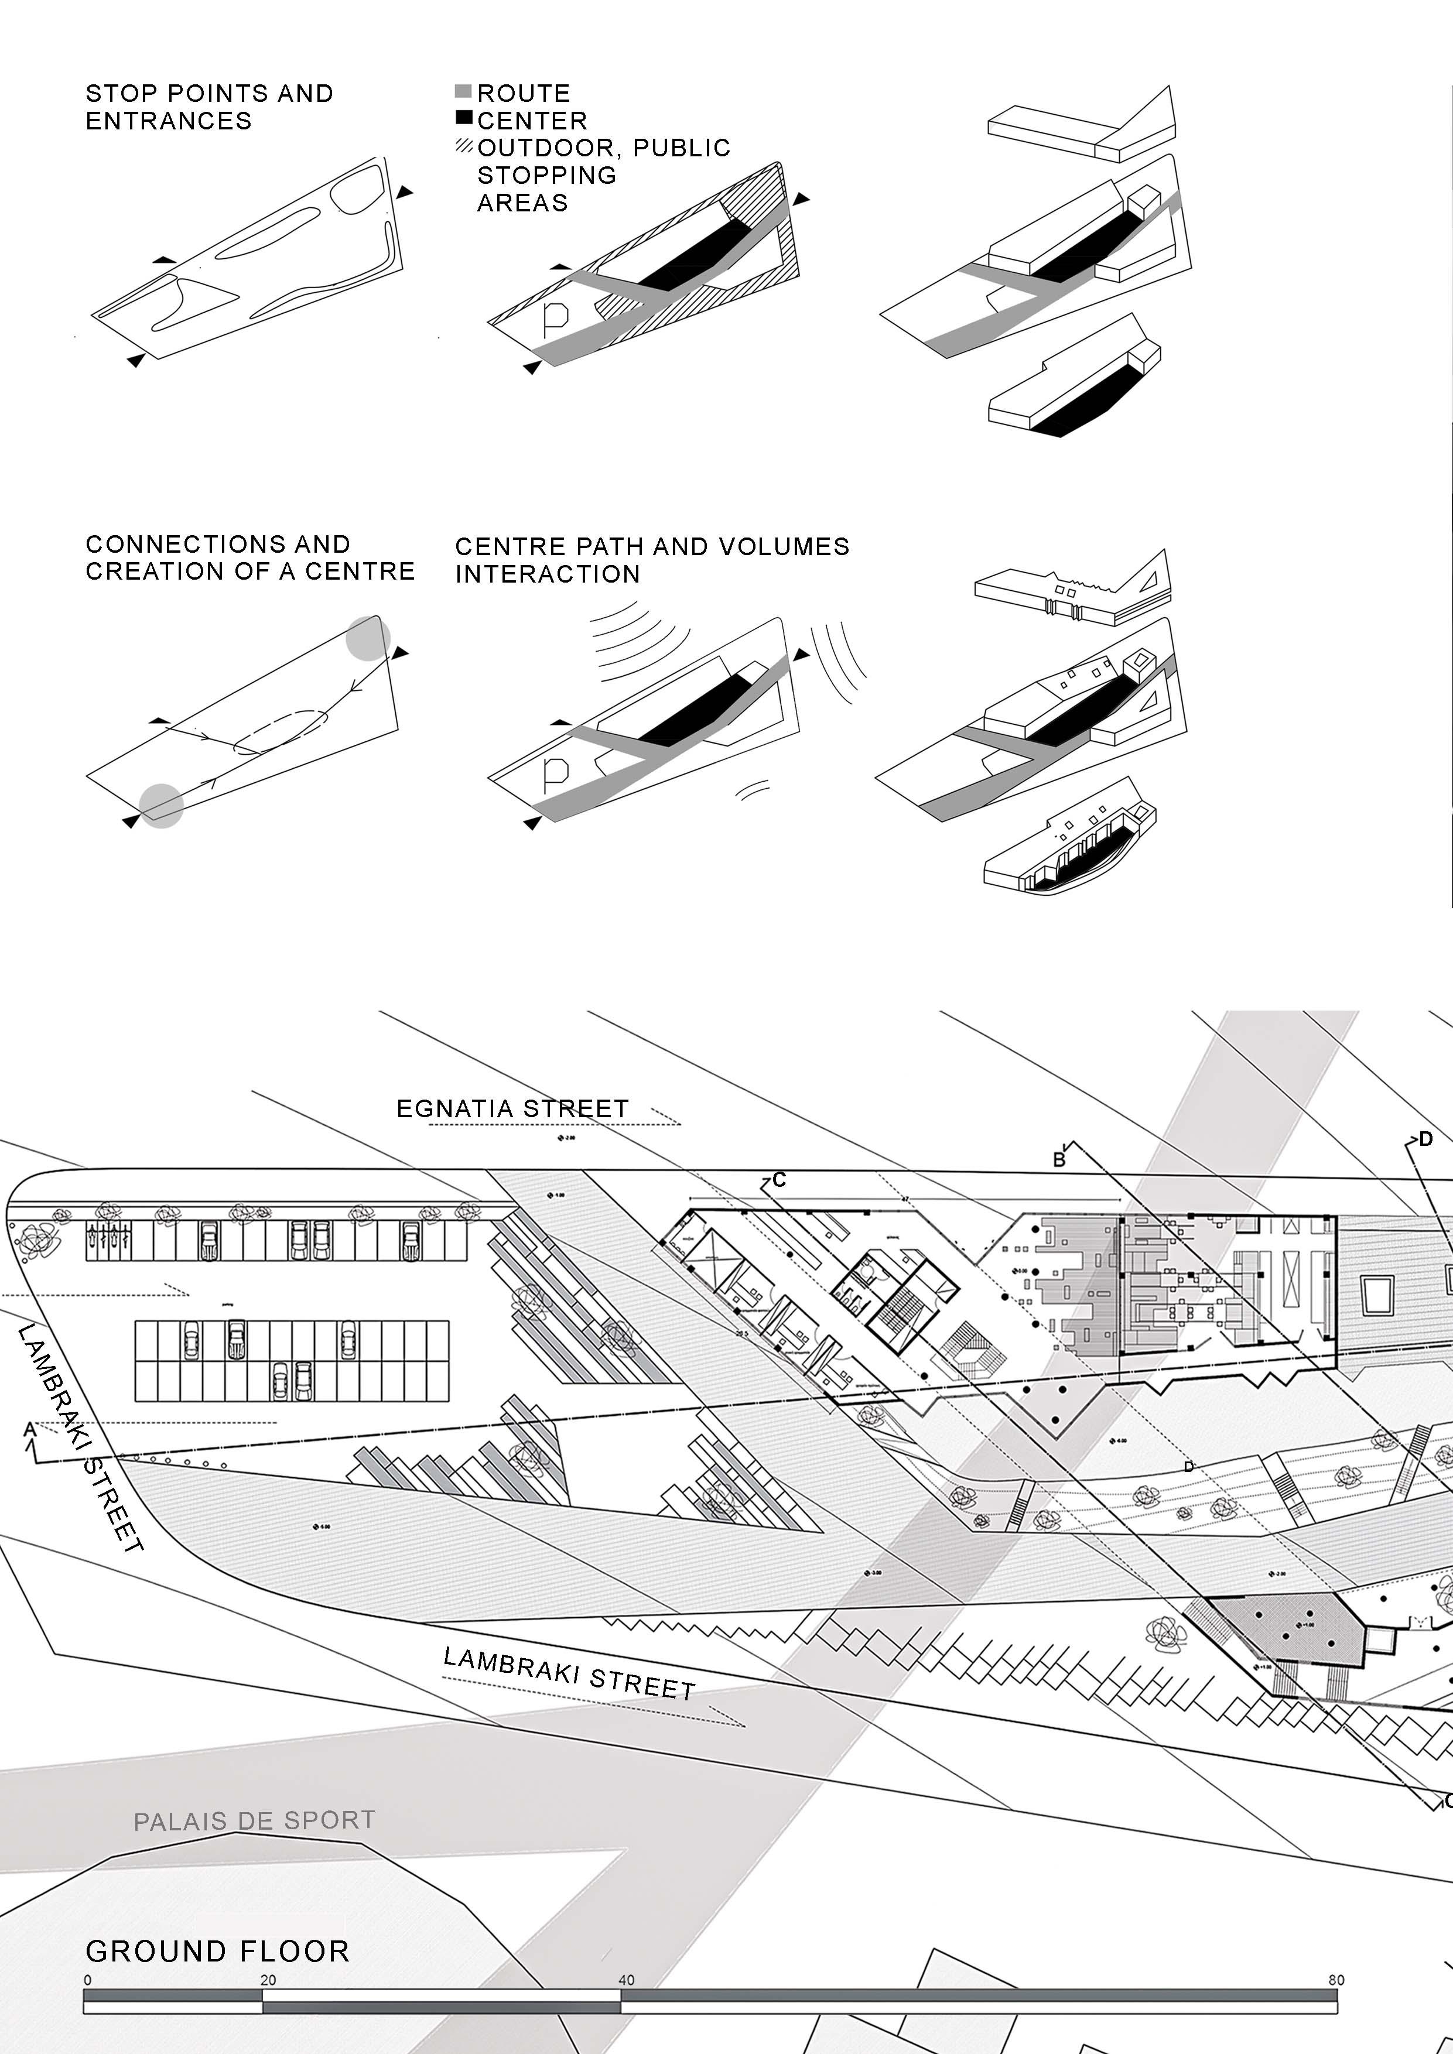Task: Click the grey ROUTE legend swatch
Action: [463, 91]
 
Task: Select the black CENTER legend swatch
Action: [463, 117]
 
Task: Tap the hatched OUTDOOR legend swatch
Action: [463, 145]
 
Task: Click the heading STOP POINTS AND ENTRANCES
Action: [208, 107]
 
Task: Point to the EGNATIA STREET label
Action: [512, 1108]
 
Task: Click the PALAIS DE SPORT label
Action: [254, 1820]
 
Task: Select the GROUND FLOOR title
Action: [217, 1951]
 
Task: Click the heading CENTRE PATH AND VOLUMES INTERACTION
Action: [651, 560]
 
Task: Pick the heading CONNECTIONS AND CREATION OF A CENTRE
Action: [249, 557]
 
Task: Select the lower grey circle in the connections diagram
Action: [162, 805]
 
